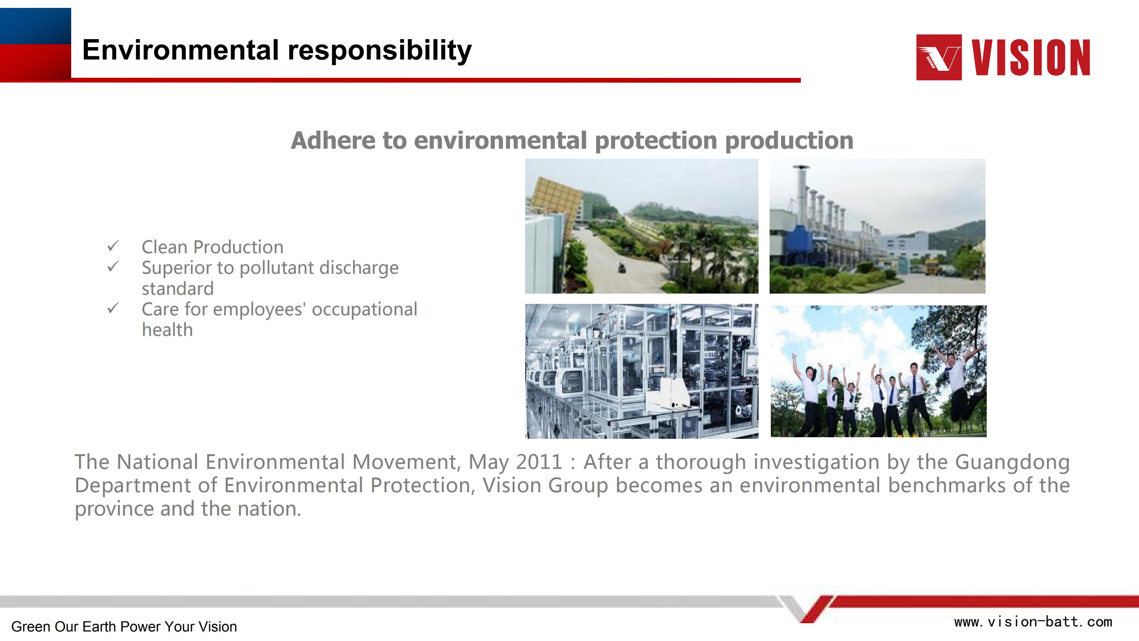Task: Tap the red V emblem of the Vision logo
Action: point(939,57)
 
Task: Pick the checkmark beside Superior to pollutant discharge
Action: point(113,266)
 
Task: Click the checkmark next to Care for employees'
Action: point(113,308)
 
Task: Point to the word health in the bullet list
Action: point(167,330)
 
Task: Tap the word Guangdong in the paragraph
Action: point(1012,463)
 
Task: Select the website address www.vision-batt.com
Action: point(1033,622)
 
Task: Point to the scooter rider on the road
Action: point(622,267)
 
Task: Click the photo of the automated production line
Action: point(641,371)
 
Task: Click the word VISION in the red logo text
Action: point(1031,57)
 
